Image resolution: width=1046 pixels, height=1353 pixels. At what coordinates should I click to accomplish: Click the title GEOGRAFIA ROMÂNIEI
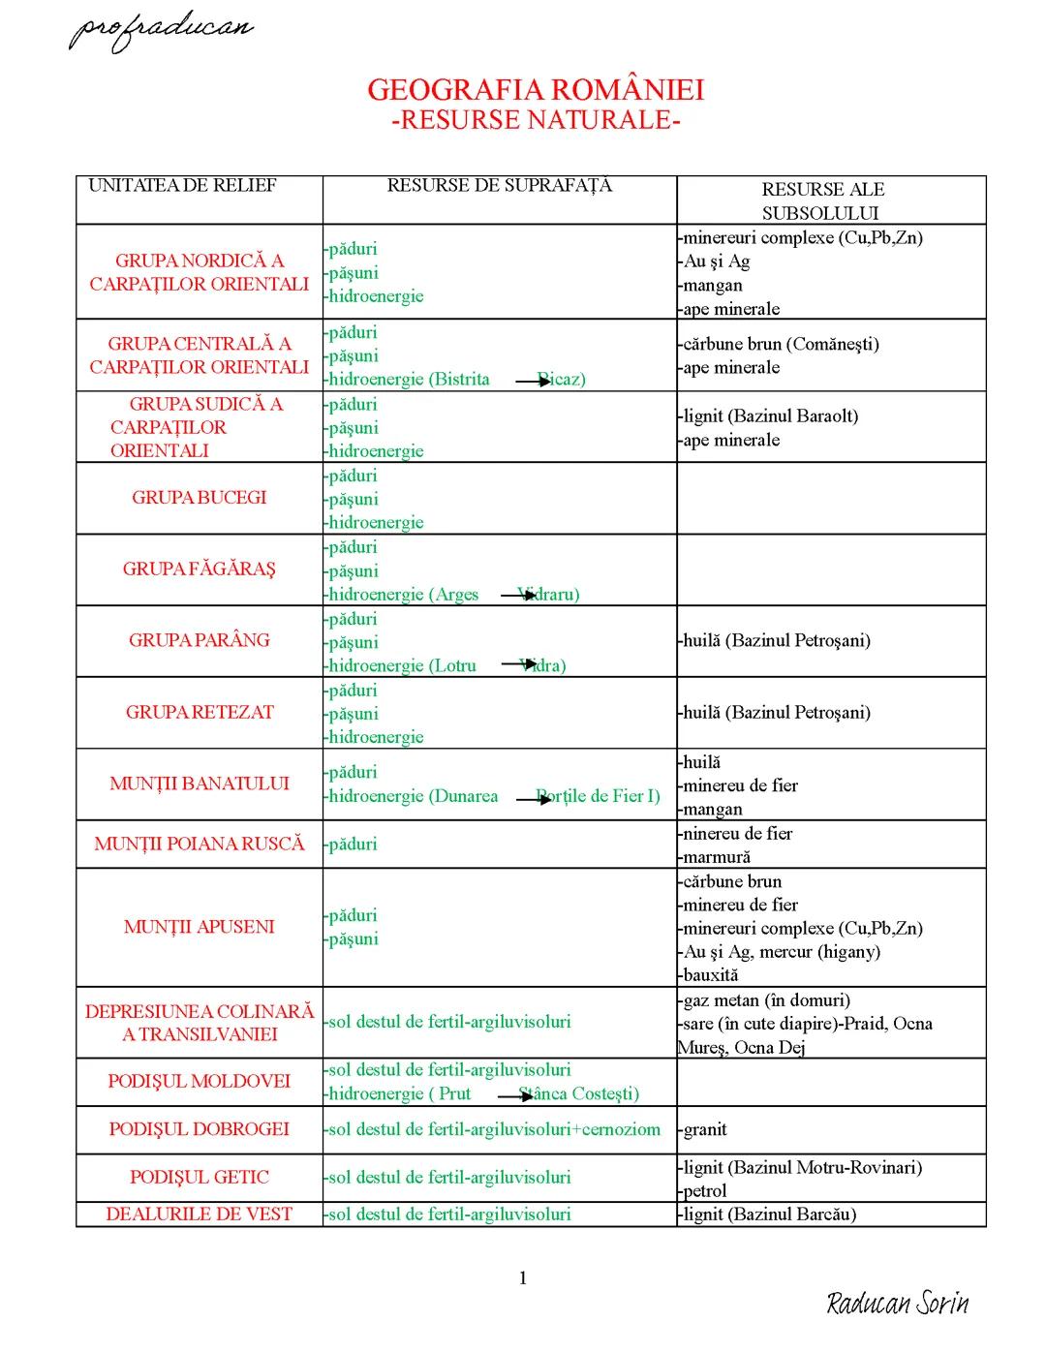pyautogui.click(x=536, y=90)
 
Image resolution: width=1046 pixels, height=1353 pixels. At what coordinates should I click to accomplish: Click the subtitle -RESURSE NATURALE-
pyautogui.click(x=536, y=120)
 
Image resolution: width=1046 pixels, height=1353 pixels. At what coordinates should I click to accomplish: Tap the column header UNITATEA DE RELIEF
pyautogui.click(x=182, y=185)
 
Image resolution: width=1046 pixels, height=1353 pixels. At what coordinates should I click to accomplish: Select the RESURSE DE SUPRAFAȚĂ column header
pyautogui.click(x=500, y=185)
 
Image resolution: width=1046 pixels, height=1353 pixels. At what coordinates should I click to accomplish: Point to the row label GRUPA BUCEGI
pyautogui.click(x=200, y=498)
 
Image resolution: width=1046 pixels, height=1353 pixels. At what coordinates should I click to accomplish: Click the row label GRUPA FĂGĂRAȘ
pyautogui.click(x=200, y=569)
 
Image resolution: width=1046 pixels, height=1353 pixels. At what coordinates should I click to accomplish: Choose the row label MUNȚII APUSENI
pyautogui.click(x=200, y=927)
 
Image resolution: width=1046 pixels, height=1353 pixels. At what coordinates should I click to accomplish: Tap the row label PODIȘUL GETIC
pyautogui.click(x=200, y=1178)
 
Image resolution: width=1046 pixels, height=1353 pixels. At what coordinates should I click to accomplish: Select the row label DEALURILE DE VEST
pyautogui.click(x=200, y=1215)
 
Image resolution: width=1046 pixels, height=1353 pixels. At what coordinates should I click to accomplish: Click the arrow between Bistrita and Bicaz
pyautogui.click(x=533, y=382)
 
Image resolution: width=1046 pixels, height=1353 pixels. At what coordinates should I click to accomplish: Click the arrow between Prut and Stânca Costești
pyautogui.click(x=515, y=1096)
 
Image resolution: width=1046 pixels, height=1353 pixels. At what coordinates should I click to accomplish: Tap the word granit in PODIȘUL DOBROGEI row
pyautogui.click(x=705, y=1129)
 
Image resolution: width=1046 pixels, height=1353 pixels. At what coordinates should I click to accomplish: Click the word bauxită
pyautogui.click(x=711, y=975)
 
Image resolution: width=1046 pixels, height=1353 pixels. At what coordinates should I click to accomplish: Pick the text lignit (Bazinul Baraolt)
pyautogui.click(x=771, y=416)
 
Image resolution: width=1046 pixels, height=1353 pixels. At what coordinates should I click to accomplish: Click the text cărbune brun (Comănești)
pyautogui.click(x=781, y=344)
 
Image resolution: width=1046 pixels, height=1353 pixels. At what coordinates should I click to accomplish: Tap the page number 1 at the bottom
pyautogui.click(x=523, y=1278)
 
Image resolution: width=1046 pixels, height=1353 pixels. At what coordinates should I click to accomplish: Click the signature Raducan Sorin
pyautogui.click(x=898, y=1304)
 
